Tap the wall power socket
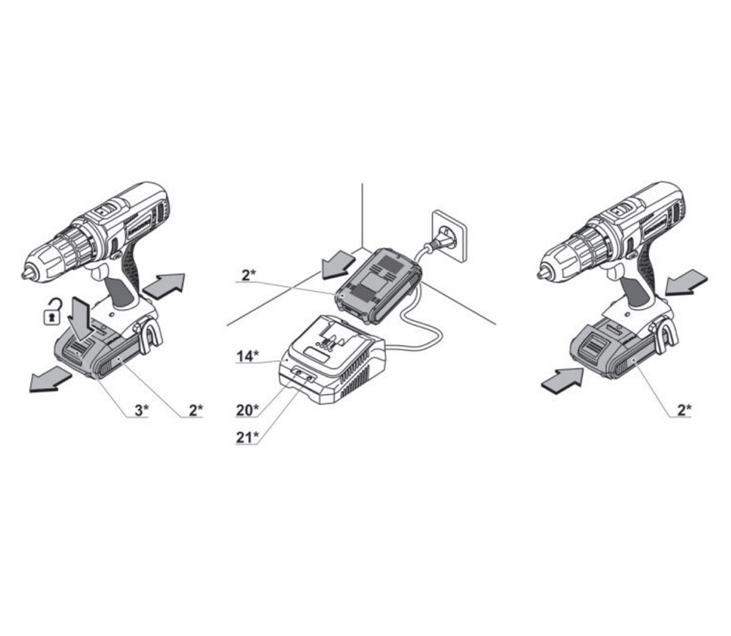tap(449, 236)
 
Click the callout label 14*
tap(247, 356)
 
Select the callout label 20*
tap(247, 410)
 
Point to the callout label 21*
tap(247, 437)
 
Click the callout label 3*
tap(142, 410)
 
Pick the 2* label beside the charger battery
tap(249, 275)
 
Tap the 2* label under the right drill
tap(684, 410)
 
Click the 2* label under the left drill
tap(196, 410)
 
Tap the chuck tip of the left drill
tap(25, 274)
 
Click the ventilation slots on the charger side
tap(356, 380)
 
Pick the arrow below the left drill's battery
tap(51, 379)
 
